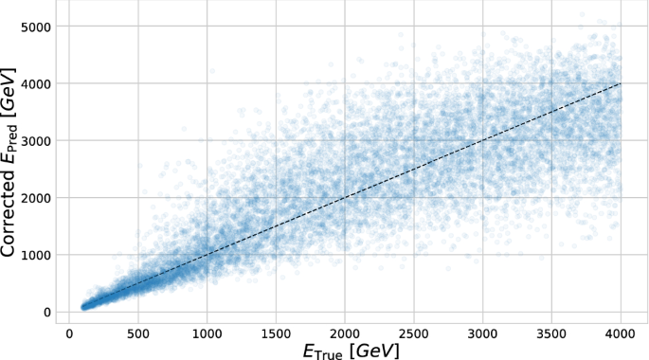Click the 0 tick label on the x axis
69,334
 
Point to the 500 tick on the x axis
138,334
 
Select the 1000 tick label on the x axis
207,334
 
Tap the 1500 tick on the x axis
276,334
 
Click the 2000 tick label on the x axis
345,334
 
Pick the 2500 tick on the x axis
414,334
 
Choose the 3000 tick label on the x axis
482,334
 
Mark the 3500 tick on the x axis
551,334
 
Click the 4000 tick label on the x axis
621,334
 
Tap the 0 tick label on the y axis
45,312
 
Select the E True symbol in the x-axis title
322,351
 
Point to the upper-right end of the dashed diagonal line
621,83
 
